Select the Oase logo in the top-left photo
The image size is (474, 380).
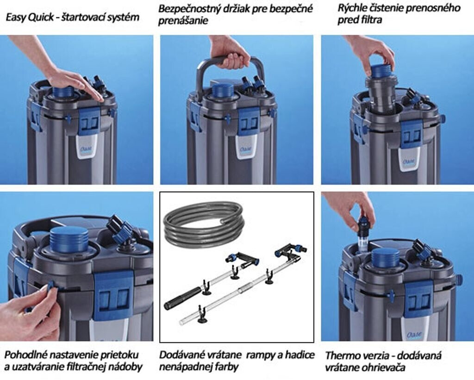(x=87, y=150)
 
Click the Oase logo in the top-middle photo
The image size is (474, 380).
(x=246, y=150)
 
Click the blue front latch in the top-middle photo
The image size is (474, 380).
(x=249, y=121)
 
